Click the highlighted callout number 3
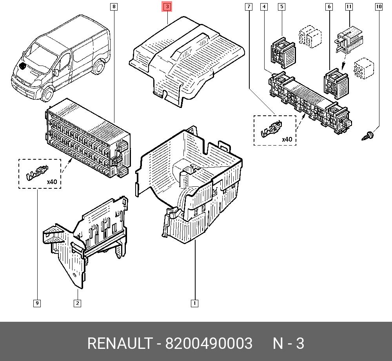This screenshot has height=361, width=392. [x=167, y=7]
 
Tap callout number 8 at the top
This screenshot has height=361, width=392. [x=114, y=7]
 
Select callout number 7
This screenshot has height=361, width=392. [x=249, y=7]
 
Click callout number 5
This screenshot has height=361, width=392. [x=282, y=7]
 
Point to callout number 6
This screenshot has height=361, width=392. [x=329, y=7]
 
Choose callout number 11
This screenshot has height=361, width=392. [x=349, y=7]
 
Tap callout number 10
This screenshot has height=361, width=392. [x=379, y=7]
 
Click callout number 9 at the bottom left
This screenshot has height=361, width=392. [x=37, y=303]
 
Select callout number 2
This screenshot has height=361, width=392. [x=78, y=303]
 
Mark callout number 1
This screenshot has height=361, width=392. [x=194, y=303]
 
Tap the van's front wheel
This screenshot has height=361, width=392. [x=47, y=94]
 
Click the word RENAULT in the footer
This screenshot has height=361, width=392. [x=119, y=344]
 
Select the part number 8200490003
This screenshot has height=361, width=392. [x=209, y=344]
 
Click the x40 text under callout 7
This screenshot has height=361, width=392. [x=287, y=139]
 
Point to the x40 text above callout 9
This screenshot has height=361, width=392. [x=52, y=182]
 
